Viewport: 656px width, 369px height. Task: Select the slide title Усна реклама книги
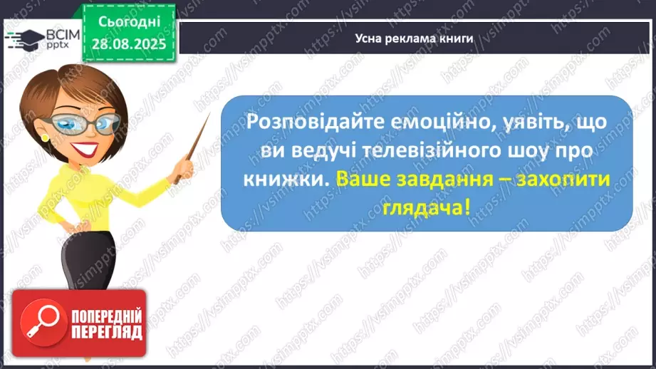pyautogui.click(x=414, y=38)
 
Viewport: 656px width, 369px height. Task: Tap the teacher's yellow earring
pyautogui.click(x=45, y=137)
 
